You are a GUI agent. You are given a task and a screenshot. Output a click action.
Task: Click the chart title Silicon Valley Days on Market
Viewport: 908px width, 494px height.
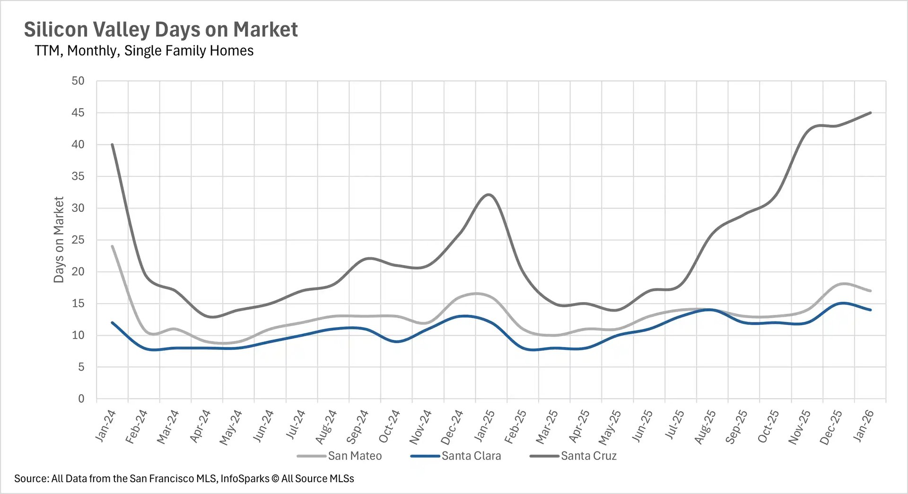[161, 29]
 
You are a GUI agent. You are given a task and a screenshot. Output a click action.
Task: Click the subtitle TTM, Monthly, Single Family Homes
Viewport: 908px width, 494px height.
[144, 51]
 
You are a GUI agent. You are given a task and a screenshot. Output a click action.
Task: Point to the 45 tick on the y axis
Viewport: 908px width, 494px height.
[78, 113]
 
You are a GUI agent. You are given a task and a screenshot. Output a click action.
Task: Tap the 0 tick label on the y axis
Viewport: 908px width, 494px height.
[81, 399]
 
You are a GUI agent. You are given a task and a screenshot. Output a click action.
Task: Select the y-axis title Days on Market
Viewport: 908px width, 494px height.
[59, 240]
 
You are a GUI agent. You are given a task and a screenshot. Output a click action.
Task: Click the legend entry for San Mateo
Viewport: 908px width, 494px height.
[354, 456]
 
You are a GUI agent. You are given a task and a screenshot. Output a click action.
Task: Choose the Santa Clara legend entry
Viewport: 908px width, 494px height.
[471, 456]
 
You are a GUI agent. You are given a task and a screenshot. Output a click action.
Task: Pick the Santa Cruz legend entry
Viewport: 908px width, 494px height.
[588, 456]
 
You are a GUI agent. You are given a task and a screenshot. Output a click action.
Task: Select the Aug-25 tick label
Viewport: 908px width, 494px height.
[705, 426]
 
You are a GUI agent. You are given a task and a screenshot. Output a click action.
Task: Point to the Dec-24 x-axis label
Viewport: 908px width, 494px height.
[452, 427]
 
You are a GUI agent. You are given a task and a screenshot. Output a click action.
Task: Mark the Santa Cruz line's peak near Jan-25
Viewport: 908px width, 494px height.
[489, 194]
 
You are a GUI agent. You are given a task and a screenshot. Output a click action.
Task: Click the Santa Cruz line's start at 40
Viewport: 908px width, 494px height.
[112, 145]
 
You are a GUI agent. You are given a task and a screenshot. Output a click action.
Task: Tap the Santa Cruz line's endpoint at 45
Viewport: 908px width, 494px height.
[871, 113]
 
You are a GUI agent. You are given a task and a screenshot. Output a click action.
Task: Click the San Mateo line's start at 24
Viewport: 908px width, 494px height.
[112, 246]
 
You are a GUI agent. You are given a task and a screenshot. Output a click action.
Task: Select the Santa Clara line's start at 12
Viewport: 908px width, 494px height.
[112, 322]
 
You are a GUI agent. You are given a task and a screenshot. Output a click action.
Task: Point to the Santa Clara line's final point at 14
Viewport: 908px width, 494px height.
[871, 310]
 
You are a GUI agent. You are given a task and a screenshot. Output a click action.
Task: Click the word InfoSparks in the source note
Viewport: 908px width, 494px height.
[244, 478]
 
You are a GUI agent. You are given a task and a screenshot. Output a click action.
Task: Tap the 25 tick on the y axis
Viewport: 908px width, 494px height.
[78, 240]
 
